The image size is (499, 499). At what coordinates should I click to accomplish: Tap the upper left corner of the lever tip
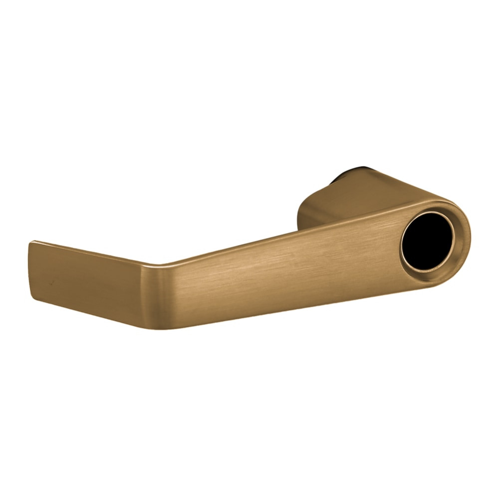coord(31,243)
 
